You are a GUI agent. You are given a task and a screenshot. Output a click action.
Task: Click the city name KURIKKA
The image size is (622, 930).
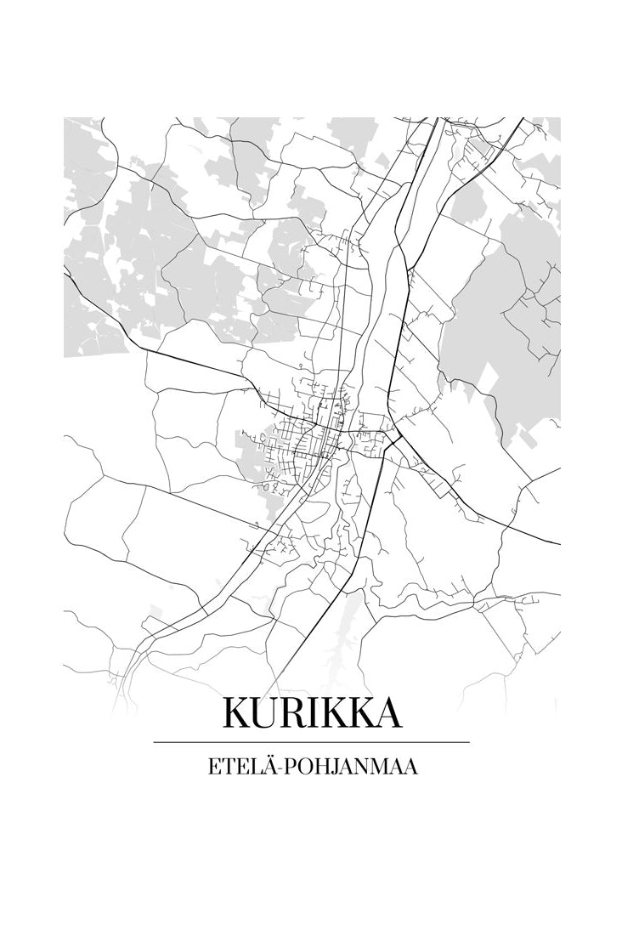[x=312, y=713]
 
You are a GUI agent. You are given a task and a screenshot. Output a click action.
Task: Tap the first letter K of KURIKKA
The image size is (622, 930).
[x=238, y=713]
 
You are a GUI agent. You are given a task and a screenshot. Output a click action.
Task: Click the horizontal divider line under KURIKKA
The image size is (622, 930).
[x=311, y=742]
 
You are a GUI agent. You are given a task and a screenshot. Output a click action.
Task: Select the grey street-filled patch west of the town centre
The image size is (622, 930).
[x=259, y=463]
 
